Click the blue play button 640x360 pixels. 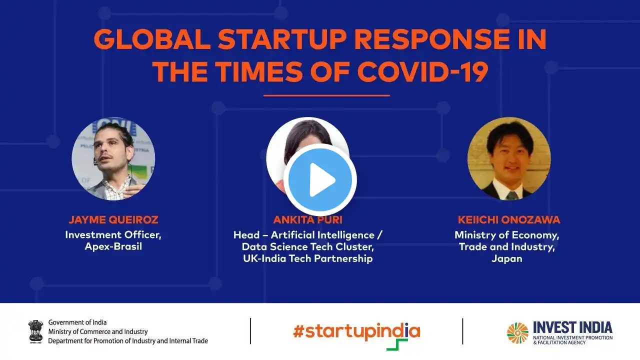320,179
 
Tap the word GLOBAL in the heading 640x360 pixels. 152,39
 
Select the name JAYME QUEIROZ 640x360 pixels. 113,219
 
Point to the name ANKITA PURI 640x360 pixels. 307,219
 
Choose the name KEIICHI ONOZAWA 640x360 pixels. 509,219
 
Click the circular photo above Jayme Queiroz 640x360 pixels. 113,159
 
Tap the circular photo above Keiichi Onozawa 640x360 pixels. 509,159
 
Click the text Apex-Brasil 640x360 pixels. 113,246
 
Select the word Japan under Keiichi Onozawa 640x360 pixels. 507,259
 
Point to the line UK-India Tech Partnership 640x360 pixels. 307,258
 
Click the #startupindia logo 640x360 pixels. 356,335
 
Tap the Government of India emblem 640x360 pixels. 35,331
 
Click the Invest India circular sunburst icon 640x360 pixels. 517,333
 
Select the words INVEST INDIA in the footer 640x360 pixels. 572,327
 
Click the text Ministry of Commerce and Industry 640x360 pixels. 98,331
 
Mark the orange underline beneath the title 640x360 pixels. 326,95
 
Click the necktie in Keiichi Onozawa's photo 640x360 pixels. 511,196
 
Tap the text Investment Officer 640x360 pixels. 113,235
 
